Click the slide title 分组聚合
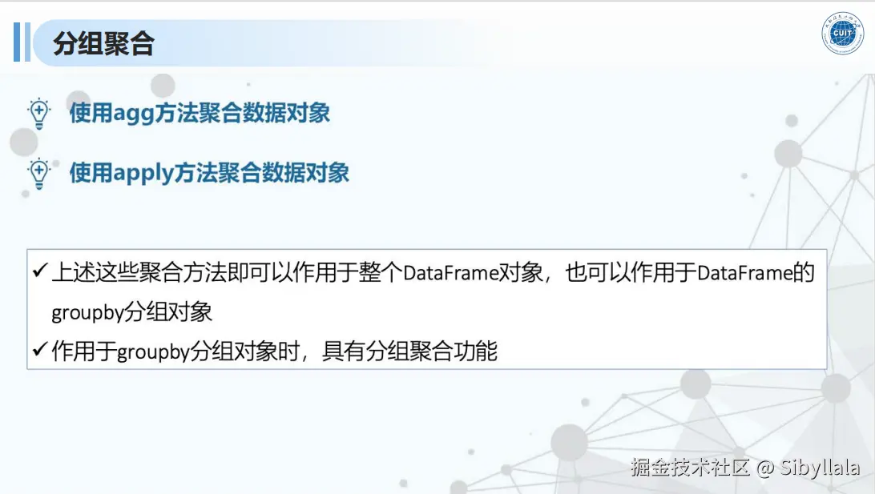[104, 43]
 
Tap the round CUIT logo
[842, 34]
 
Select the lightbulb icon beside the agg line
[39, 114]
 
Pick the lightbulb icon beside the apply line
[39, 174]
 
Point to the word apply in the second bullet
[143, 174]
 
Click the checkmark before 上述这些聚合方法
[40, 271]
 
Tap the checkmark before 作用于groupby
[40, 350]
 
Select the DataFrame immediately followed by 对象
[450, 273]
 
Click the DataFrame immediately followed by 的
[745, 273]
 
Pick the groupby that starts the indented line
[87, 312]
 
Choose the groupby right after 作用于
[153, 351]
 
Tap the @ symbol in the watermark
[765, 468]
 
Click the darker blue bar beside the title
[18, 42]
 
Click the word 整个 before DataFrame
[381, 273]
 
